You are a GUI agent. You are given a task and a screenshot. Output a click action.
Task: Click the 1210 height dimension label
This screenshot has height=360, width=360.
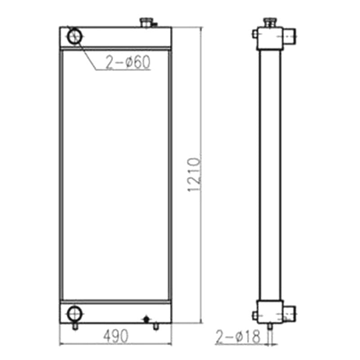[193, 175]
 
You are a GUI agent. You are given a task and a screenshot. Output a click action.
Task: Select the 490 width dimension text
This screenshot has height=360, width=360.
[116, 335]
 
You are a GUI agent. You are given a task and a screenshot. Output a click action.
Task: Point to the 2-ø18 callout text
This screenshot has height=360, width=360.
[238, 337]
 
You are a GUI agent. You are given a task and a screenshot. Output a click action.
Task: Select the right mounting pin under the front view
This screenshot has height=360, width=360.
[156, 326]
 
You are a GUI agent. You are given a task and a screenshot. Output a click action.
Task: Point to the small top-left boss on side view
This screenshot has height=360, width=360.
[255, 34]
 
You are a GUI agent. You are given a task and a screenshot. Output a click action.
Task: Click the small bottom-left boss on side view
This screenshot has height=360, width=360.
[255, 315]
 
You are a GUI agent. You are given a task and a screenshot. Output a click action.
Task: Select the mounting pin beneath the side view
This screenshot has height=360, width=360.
[269, 325]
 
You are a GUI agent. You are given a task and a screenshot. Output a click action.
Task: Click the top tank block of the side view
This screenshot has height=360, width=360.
[269, 38]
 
